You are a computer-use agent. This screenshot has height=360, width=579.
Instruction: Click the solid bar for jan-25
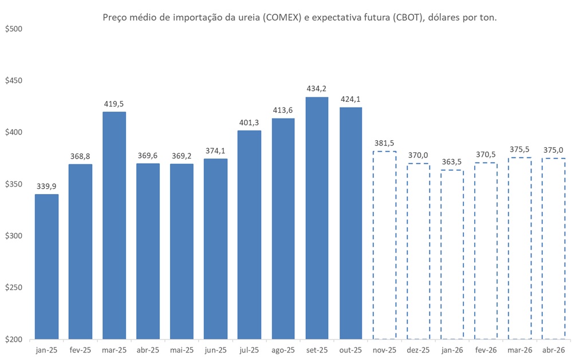tap(46, 267)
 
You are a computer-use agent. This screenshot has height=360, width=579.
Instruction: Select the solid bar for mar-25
tap(114, 226)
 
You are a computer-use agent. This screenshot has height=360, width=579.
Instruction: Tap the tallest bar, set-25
tap(317, 218)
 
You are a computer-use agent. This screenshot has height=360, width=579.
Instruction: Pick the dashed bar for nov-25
tap(384, 245)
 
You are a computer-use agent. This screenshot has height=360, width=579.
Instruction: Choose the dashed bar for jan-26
tap(452, 255)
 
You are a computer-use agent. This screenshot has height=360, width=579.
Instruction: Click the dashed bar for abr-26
tap(553, 248)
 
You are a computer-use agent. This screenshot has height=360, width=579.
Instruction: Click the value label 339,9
tap(46, 186)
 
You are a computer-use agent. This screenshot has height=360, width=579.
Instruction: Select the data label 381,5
tap(384, 143)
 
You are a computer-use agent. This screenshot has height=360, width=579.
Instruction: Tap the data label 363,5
tap(452, 162)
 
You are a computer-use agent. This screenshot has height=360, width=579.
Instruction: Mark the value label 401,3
tap(249, 122)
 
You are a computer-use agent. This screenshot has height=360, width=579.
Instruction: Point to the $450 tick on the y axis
tap(13, 81)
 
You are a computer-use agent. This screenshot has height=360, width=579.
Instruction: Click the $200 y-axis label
tap(13, 339)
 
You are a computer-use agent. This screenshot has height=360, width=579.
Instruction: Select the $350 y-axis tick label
tap(13, 184)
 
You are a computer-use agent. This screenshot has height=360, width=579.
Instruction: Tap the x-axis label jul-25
tap(249, 350)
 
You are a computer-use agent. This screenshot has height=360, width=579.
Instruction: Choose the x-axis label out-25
tap(350, 350)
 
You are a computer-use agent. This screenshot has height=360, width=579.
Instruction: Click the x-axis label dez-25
tap(418, 350)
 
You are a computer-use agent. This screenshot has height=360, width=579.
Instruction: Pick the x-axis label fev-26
tap(486, 350)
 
